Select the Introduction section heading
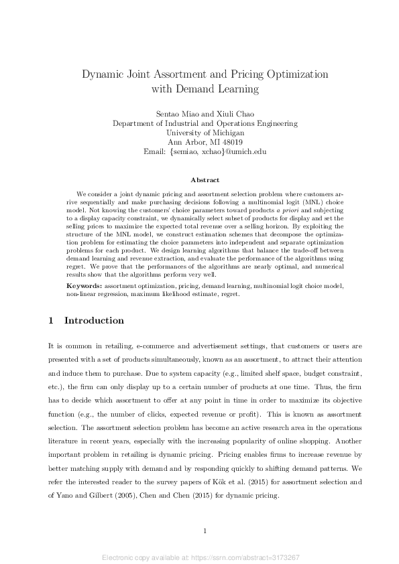pos(94,321)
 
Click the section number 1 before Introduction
pos(51,321)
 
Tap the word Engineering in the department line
pos(274,123)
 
